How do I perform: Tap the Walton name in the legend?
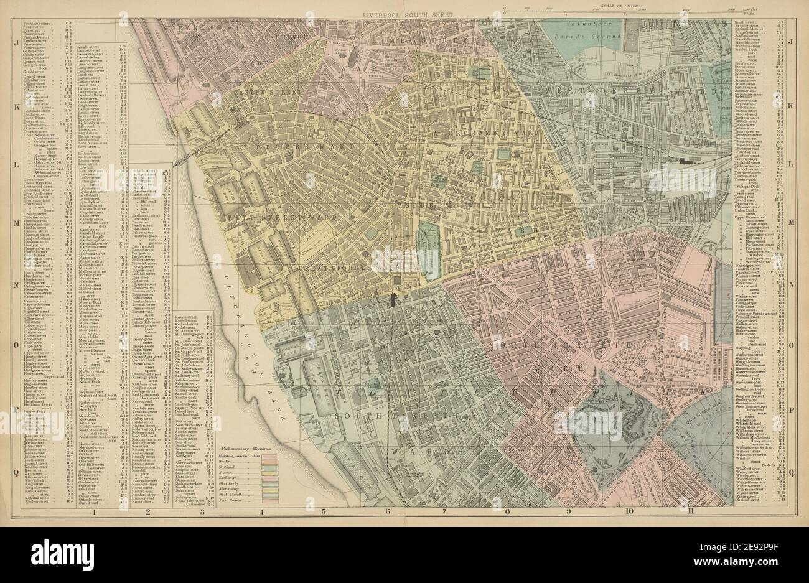229,460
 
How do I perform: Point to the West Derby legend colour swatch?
271,482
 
